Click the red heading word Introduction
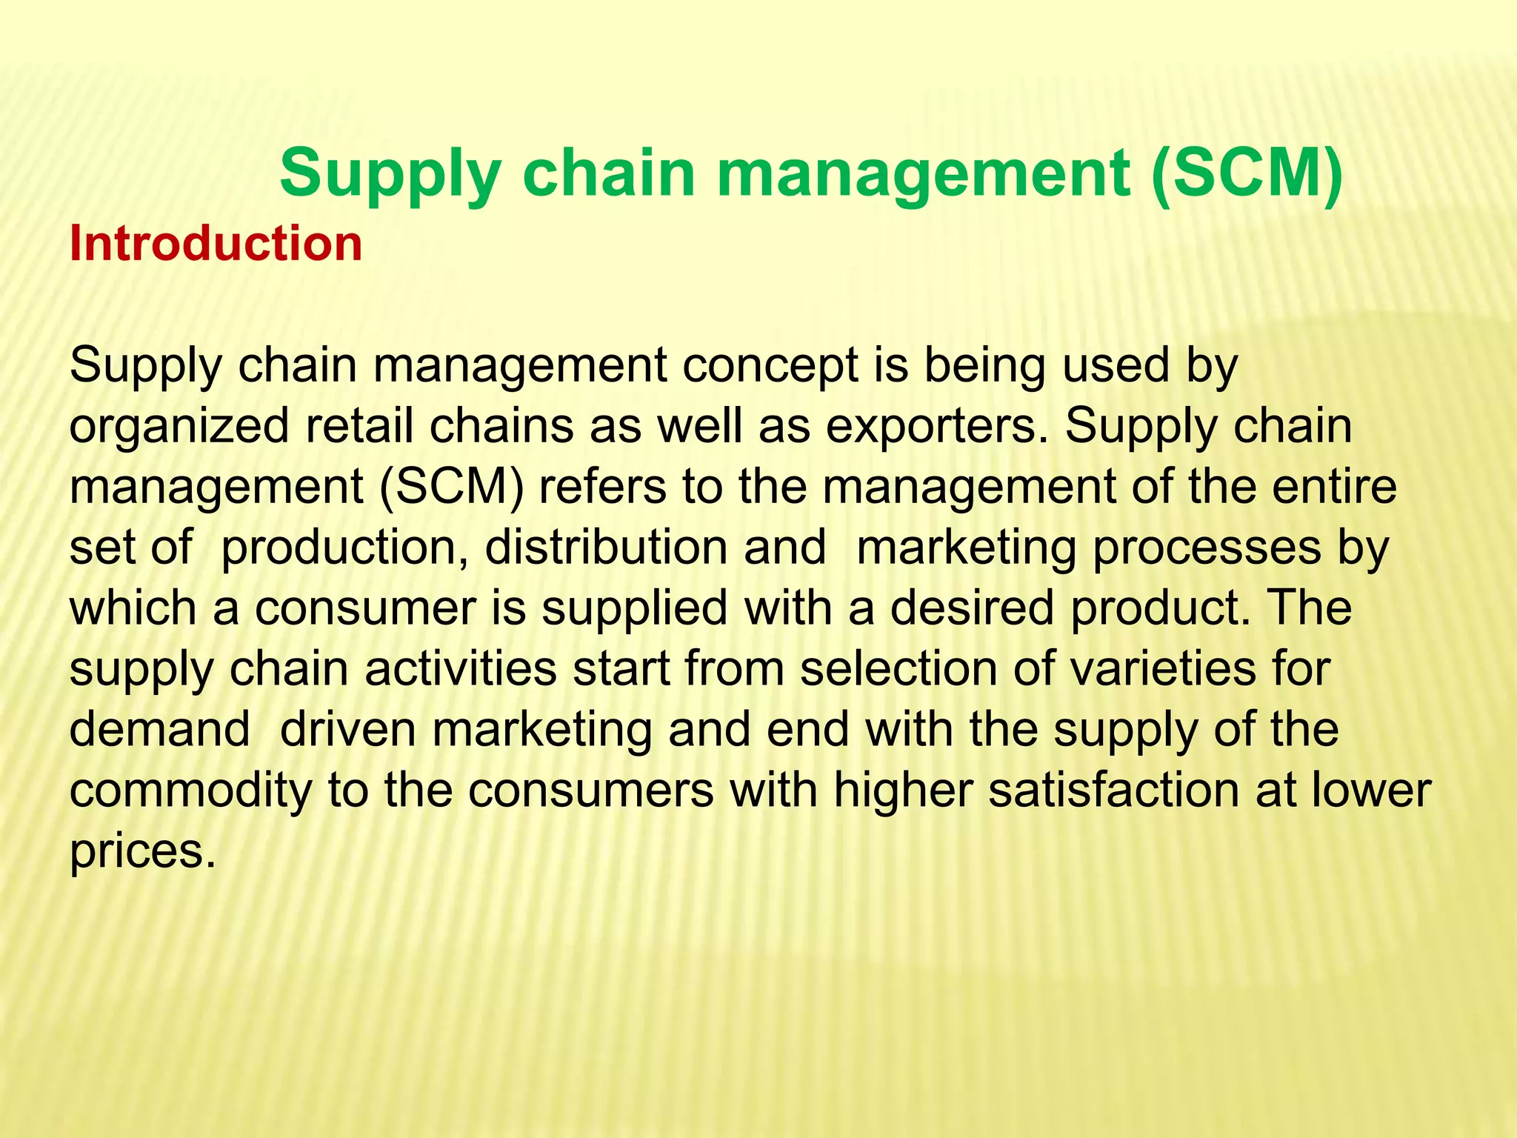(216, 244)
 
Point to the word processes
(1207, 548)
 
